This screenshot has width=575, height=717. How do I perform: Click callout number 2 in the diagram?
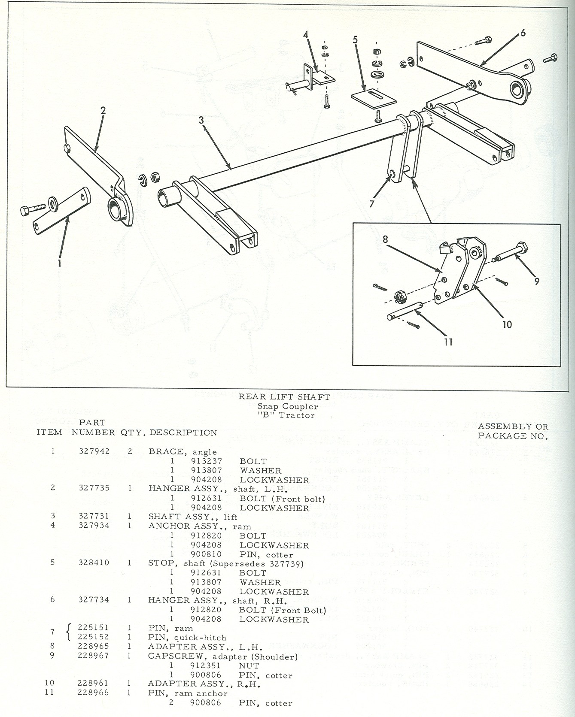[103, 111]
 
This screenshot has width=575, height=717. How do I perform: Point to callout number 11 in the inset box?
[448, 342]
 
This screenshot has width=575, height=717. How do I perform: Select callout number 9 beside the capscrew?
[537, 281]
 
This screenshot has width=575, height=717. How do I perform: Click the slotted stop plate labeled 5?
[373, 96]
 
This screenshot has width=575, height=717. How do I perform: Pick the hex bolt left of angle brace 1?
[32, 210]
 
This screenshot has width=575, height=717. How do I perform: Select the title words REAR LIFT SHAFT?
[284, 397]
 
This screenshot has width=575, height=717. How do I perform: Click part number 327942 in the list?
[94, 451]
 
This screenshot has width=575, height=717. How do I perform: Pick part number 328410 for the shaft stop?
[94, 562]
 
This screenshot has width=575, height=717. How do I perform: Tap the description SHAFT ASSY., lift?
[193, 517]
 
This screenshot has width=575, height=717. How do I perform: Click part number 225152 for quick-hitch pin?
[94, 637]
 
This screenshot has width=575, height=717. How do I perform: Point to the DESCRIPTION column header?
[183, 433]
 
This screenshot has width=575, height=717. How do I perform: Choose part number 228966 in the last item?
[94, 693]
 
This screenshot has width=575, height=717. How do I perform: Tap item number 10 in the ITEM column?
[49, 683]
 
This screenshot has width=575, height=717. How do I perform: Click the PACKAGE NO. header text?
[513, 436]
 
